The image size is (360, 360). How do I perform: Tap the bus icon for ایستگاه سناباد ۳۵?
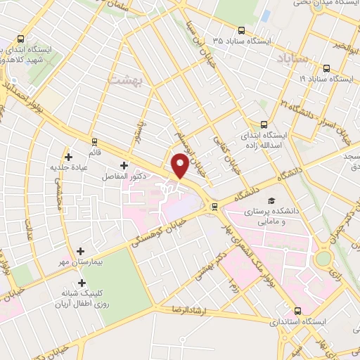(241, 30)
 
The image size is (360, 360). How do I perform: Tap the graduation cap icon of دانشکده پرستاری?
(271, 200)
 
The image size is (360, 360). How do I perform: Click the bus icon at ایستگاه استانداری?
(297, 310)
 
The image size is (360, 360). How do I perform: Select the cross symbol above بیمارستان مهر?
(81, 251)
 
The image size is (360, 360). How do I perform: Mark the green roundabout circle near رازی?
(323, 259)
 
